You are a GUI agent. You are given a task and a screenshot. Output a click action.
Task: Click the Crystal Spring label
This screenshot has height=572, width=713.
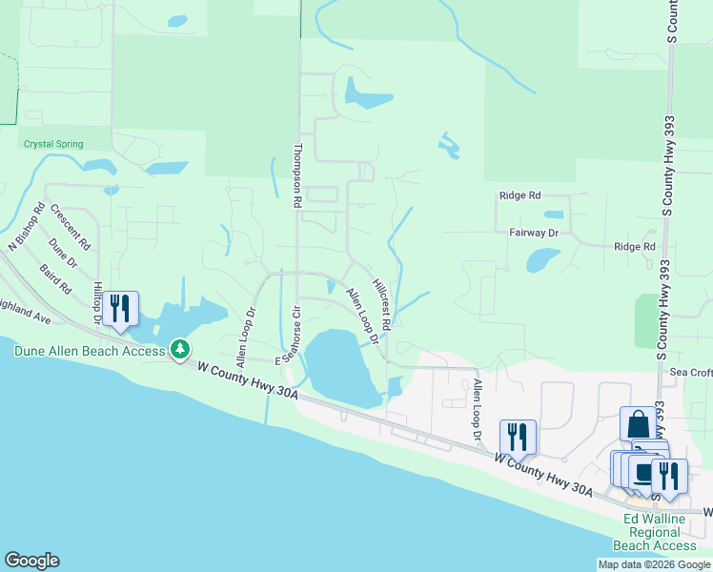click(52, 144)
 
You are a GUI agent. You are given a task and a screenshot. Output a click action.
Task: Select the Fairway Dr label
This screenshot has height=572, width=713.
click(533, 232)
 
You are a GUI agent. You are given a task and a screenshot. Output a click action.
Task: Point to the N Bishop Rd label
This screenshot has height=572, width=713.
click(27, 226)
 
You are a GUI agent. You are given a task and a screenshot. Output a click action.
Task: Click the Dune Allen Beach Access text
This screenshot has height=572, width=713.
click(90, 350)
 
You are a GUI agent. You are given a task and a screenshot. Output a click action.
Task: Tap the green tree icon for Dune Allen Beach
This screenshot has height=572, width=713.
click(179, 350)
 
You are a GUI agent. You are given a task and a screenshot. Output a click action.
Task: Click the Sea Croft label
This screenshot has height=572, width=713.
click(691, 372)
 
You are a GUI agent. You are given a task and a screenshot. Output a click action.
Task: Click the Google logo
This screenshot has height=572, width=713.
click(31, 561)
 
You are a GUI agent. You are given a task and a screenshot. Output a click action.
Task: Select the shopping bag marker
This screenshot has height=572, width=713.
click(638, 423)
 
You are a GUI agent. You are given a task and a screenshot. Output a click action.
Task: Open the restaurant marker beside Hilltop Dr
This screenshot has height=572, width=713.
click(120, 308)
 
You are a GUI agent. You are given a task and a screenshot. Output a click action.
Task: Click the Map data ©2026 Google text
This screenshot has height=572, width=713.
click(654, 564)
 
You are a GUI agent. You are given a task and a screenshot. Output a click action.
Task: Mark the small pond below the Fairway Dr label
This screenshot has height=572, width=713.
click(541, 259)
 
